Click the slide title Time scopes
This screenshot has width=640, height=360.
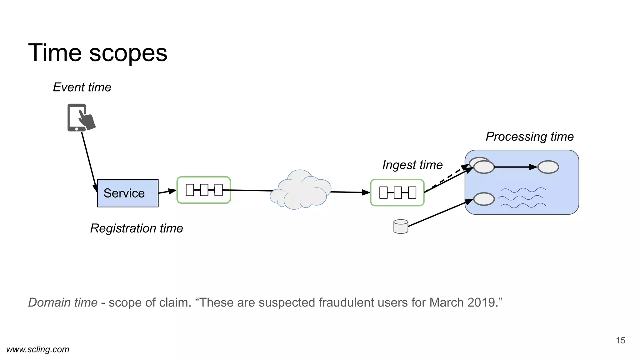point(97,53)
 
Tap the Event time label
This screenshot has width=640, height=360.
point(82,87)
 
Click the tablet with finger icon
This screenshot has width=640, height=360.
point(80,118)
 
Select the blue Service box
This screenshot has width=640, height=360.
point(127,193)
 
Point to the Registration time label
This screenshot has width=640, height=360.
point(136,228)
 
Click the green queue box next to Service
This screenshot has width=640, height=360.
point(204,190)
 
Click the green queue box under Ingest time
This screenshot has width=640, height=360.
point(397,192)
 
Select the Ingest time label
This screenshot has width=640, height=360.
point(412,165)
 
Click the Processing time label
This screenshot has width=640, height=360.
point(529,137)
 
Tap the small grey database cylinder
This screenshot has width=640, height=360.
point(401,227)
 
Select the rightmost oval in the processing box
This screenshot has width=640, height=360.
point(548,167)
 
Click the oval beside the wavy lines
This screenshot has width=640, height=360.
point(484,199)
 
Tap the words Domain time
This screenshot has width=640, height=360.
point(63,302)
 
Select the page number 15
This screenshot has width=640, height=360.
point(620,340)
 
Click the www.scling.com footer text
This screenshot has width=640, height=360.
point(38,349)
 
